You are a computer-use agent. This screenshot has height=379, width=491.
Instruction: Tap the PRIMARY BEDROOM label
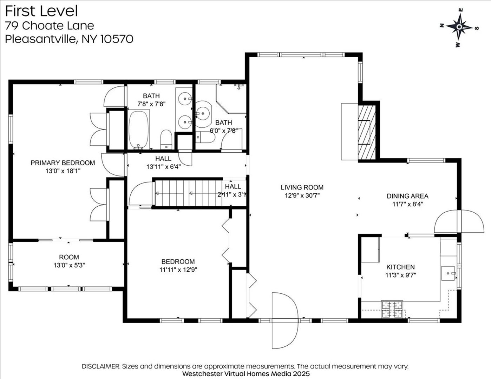(63, 163)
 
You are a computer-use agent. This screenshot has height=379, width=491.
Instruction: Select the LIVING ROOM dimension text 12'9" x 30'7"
(302, 195)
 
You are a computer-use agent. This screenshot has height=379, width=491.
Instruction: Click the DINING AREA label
(408, 196)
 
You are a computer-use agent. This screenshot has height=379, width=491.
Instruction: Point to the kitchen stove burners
(392, 309)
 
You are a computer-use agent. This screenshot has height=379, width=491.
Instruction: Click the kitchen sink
(448, 273)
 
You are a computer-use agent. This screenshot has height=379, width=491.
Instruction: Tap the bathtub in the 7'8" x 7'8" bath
(138, 130)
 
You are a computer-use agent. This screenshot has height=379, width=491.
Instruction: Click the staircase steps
(189, 193)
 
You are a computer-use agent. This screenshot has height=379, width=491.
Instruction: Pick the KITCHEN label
(401, 267)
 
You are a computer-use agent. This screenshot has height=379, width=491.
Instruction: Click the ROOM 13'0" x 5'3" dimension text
(69, 265)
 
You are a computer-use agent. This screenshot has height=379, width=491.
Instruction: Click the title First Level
(41, 11)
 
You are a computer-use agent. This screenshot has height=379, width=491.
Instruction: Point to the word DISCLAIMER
(101, 366)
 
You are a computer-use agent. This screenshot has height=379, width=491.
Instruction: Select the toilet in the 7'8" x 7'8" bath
(166, 140)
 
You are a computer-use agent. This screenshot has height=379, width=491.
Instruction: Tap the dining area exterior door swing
(459, 221)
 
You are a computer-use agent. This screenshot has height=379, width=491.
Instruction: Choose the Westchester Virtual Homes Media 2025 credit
(246, 374)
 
